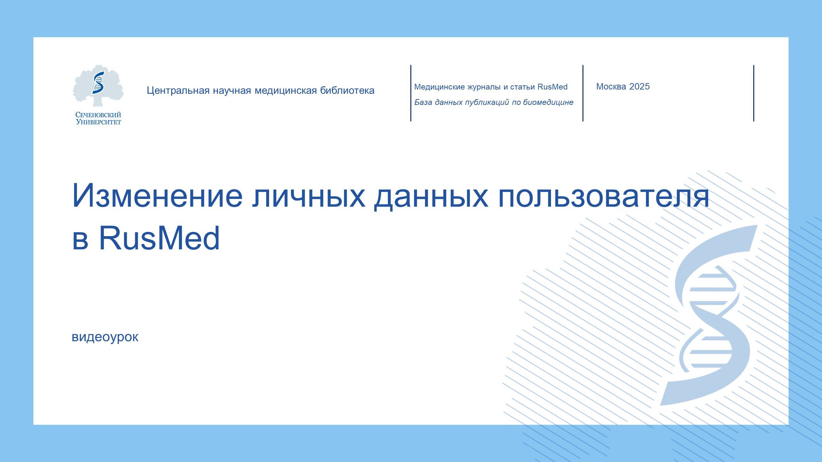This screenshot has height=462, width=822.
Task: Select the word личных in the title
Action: [308, 196]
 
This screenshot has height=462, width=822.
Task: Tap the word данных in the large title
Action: [431, 196]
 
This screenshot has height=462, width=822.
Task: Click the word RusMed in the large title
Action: [159, 238]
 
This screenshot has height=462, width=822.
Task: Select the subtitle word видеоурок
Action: [105, 337]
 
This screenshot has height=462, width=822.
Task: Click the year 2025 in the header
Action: [639, 87]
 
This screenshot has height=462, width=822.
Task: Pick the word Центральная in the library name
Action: [178, 90]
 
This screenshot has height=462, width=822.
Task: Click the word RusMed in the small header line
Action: [552, 87]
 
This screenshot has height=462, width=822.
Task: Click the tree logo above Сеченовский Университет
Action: [98, 86]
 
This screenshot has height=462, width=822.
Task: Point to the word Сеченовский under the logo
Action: [98, 115]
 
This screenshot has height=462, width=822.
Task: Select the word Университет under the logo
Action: [98, 122]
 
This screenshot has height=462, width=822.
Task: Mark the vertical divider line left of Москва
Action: [583, 93]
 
